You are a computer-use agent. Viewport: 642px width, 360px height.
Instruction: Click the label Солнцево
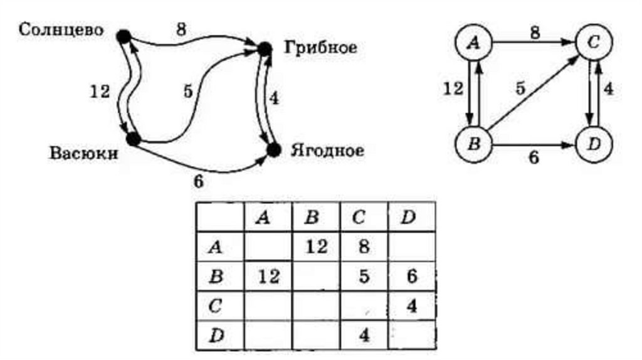point(61,29)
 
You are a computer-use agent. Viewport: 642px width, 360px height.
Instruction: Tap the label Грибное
point(320,47)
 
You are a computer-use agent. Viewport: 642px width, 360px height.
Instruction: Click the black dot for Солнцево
point(124,37)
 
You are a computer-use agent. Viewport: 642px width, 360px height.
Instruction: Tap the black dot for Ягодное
point(273,149)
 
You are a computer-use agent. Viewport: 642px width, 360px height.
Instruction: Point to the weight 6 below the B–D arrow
point(534,159)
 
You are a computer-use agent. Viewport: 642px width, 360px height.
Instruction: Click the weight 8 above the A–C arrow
point(534,33)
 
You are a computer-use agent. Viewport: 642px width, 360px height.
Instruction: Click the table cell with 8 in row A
point(363,247)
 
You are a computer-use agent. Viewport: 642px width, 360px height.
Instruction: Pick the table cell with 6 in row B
point(411,277)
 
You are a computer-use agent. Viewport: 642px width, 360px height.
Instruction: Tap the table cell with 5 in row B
point(363,277)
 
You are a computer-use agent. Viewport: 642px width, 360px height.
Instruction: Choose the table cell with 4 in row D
point(363,335)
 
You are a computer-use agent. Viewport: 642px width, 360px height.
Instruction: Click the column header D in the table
point(411,218)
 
